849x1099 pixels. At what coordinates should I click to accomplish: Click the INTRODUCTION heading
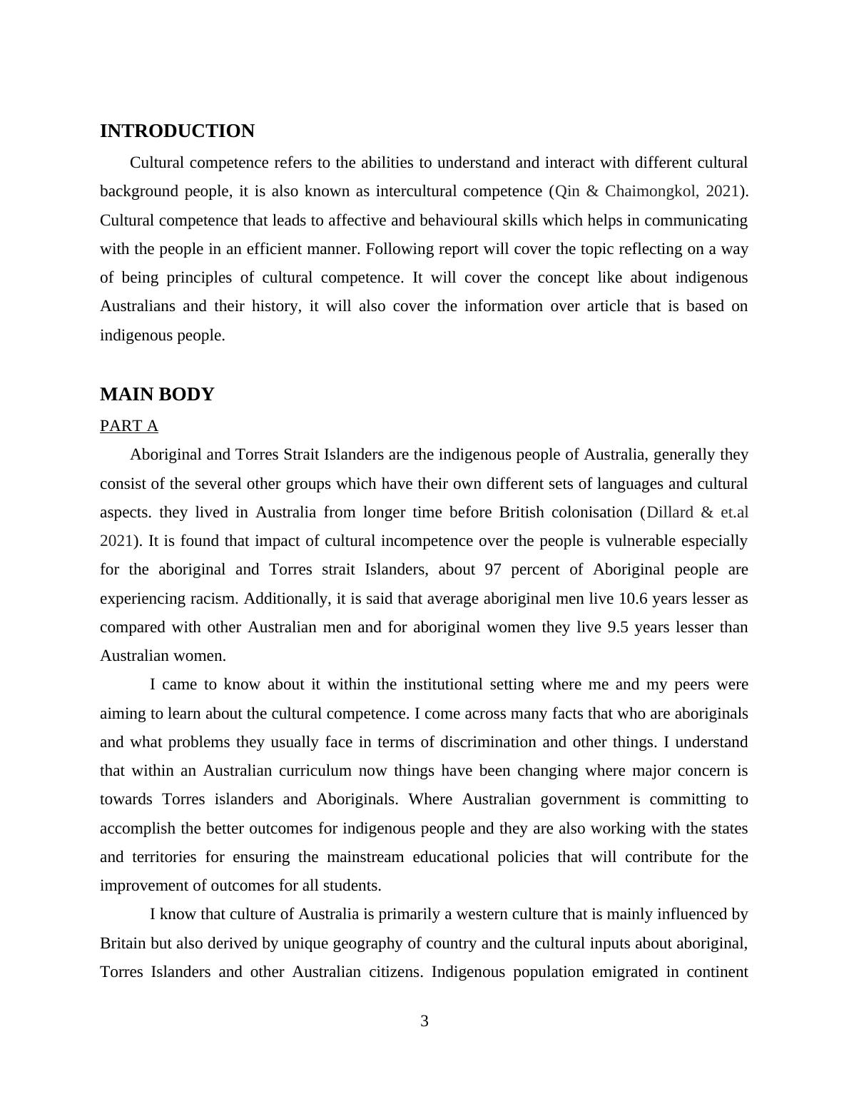tap(177, 131)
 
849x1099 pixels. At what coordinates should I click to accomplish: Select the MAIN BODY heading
tap(157, 395)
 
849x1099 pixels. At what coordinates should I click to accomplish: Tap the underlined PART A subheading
tap(129, 426)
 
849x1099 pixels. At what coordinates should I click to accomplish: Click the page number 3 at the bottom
tap(424, 1021)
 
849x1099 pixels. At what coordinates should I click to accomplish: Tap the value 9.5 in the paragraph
tap(618, 627)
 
